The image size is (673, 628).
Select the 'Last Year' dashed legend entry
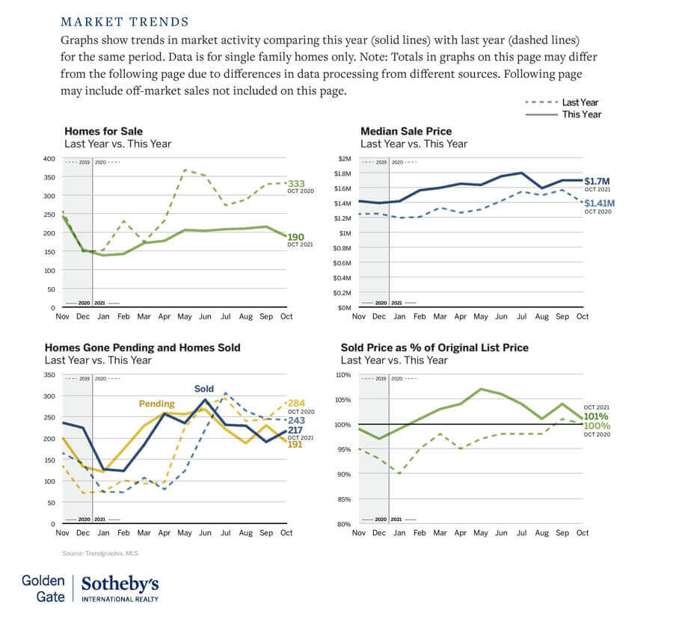point(580,102)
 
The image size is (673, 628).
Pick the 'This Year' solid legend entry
point(581,114)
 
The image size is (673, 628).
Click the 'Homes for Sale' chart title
point(103,132)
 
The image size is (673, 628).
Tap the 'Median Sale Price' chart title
point(406,132)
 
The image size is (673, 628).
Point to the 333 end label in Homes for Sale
point(296,183)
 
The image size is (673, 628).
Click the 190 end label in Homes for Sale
point(296,237)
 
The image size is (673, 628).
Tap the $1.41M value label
point(600,203)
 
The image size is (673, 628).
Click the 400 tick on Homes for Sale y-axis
point(49,158)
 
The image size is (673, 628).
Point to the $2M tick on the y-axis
point(344,158)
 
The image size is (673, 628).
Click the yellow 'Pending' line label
point(156,404)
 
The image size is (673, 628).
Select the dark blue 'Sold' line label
point(204,389)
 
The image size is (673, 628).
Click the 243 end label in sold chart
point(296,420)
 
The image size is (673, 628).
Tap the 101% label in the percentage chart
point(596,416)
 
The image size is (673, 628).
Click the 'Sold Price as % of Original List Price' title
point(434,348)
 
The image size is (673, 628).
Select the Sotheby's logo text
point(120,584)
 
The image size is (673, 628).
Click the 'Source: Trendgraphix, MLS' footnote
point(100,553)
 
